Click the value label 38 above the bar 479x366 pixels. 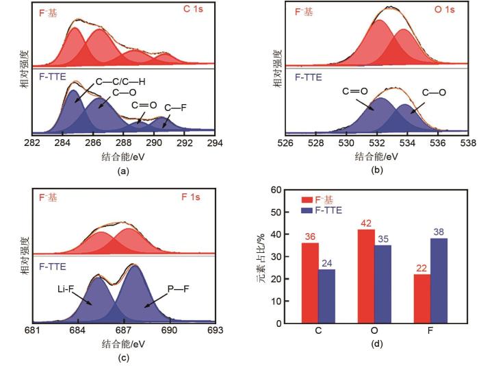click(439, 232)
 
